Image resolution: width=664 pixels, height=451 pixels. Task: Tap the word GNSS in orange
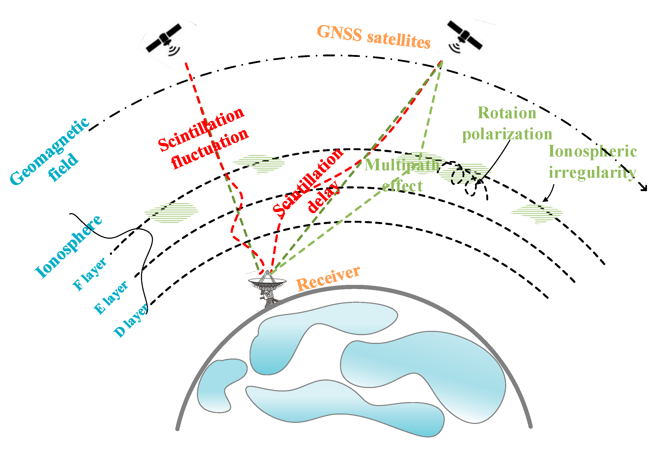pos(339,33)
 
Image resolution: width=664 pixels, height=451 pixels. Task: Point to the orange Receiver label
pos(328,279)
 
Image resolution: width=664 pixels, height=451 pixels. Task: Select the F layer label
pos(90,274)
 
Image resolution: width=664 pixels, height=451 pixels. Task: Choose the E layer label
pos(111,297)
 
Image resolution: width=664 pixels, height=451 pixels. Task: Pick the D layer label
pos(131,320)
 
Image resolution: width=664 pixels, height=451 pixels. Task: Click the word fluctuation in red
pos(210,149)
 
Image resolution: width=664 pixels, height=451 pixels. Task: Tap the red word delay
pos(324,197)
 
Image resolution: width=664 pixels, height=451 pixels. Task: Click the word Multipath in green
pos(402,165)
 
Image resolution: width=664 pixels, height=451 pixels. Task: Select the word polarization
pos(507,134)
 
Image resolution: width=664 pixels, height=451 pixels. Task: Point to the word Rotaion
pos(507,113)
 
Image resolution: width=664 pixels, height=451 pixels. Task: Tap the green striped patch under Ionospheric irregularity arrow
pos(536,213)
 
